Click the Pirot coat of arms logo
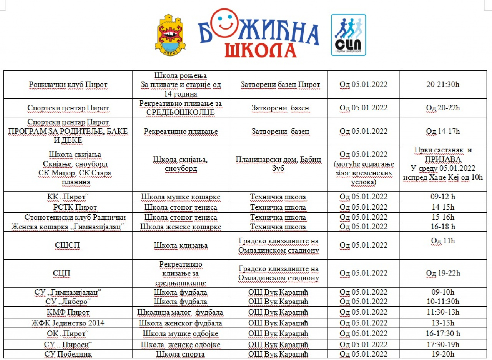[x=170, y=34]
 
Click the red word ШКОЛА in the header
[x=260, y=50]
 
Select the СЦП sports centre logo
[x=348, y=35]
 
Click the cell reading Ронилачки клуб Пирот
[x=68, y=85]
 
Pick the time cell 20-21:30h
[x=443, y=85]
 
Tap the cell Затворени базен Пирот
[x=280, y=85]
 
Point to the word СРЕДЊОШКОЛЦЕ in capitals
[x=181, y=112]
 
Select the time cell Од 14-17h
[x=443, y=131]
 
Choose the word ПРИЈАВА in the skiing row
[x=443, y=159]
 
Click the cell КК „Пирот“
[x=68, y=197]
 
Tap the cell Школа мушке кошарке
[x=181, y=197]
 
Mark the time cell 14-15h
[x=443, y=208]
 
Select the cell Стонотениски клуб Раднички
[x=75, y=217]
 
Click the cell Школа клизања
[x=181, y=245]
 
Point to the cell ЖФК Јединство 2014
[x=68, y=323]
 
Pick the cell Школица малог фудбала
[x=180, y=312]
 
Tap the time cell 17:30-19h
[x=443, y=344]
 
